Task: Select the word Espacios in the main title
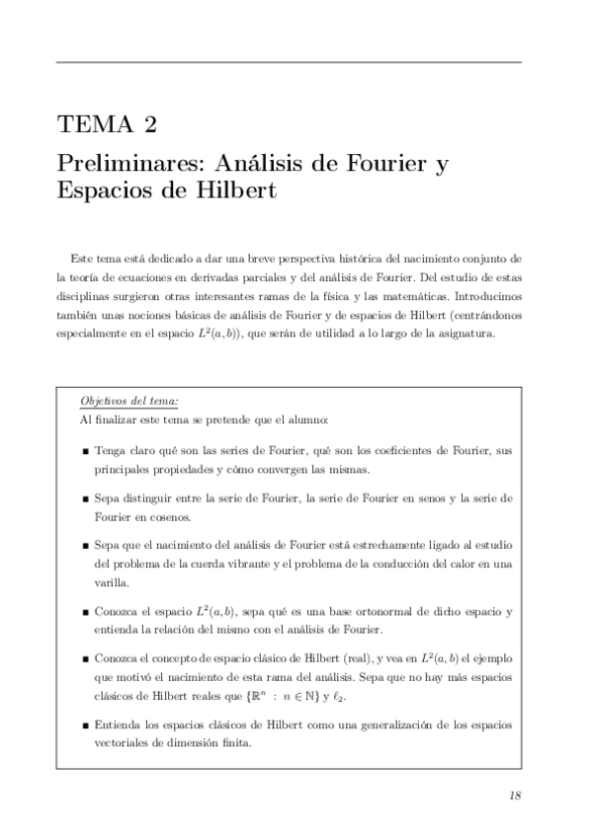point(107,190)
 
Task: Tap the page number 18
point(515,797)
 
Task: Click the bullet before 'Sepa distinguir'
point(87,499)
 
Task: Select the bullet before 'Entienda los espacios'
point(87,725)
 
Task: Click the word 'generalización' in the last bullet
point(372,725)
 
